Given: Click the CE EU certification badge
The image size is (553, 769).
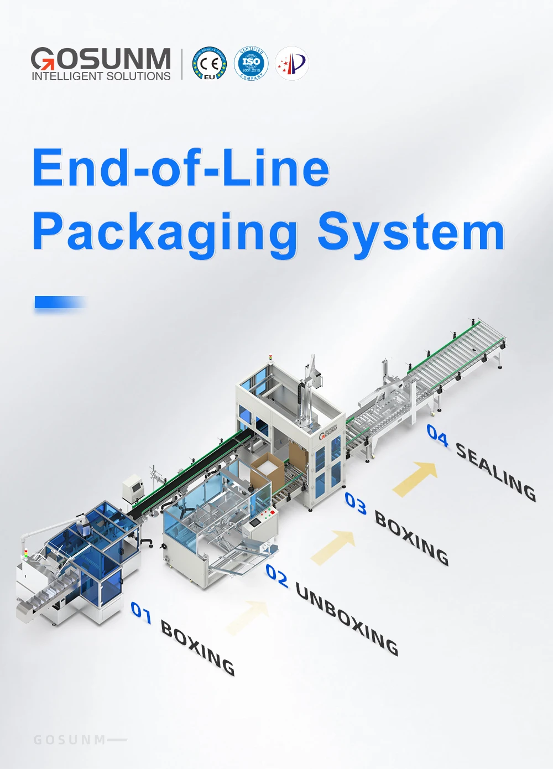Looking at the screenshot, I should [210, 64].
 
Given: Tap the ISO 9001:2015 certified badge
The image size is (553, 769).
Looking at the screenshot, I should [251, 64].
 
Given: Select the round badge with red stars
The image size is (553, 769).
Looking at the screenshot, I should [292, 64].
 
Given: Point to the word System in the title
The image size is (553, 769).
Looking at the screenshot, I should [411, 232].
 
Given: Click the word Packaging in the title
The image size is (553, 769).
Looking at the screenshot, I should [165, 233].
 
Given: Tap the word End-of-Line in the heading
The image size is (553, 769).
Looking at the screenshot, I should [181, 168].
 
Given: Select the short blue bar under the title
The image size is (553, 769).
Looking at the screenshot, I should [60, 302].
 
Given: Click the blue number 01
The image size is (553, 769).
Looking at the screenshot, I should [141, 612].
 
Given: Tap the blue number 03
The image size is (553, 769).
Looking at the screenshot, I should [356, 503].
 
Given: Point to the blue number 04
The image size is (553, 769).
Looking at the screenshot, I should [437, 435].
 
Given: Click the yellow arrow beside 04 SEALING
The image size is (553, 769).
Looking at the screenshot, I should [416, 477].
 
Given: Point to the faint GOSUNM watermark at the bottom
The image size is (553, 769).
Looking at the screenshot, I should [70, 740].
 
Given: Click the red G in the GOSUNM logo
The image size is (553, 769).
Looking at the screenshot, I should [43, 59].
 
